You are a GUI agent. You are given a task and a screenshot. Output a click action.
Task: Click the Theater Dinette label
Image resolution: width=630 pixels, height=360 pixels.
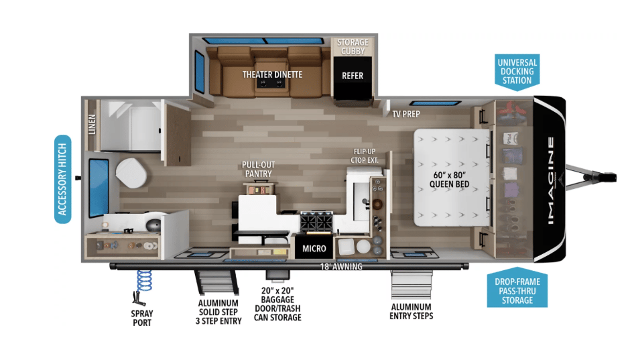272,74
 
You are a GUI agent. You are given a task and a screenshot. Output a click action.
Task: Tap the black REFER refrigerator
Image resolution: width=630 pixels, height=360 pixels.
353,78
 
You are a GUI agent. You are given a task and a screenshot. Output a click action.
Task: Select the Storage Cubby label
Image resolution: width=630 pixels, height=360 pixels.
353,47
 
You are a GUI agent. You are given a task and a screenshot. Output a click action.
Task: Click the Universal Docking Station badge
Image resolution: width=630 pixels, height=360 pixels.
517,72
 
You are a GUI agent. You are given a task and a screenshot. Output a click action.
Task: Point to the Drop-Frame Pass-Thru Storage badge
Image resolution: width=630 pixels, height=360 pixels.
517,288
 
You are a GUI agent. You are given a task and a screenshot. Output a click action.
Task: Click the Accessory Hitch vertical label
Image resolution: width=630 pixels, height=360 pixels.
63,179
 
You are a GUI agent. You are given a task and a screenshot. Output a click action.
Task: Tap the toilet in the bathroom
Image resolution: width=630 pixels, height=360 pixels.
131,173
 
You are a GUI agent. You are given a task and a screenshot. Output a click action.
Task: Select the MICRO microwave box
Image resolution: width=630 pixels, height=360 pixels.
314,248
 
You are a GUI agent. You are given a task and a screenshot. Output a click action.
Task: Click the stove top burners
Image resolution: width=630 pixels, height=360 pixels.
316,222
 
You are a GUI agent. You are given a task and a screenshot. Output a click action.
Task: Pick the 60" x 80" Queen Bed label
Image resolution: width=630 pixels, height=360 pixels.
449,180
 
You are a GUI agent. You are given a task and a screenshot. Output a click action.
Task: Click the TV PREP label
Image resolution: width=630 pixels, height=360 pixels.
405,114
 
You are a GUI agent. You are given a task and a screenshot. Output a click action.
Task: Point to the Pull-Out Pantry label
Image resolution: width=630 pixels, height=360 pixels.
258,169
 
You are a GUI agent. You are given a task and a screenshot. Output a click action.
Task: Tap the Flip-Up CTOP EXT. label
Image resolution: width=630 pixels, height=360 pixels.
365,156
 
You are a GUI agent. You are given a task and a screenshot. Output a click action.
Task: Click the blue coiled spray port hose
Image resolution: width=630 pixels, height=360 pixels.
144,281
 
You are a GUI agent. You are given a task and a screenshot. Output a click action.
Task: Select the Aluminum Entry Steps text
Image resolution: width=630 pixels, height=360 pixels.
411,311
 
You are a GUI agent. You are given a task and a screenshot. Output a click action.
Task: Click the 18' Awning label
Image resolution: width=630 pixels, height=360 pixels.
341,266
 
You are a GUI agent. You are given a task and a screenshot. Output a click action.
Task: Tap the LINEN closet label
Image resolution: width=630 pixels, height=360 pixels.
92,125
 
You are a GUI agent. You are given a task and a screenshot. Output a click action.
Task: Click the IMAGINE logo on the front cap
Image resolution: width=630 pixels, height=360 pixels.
551,180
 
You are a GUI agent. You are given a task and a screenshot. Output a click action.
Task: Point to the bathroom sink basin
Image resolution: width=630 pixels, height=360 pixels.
153,225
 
